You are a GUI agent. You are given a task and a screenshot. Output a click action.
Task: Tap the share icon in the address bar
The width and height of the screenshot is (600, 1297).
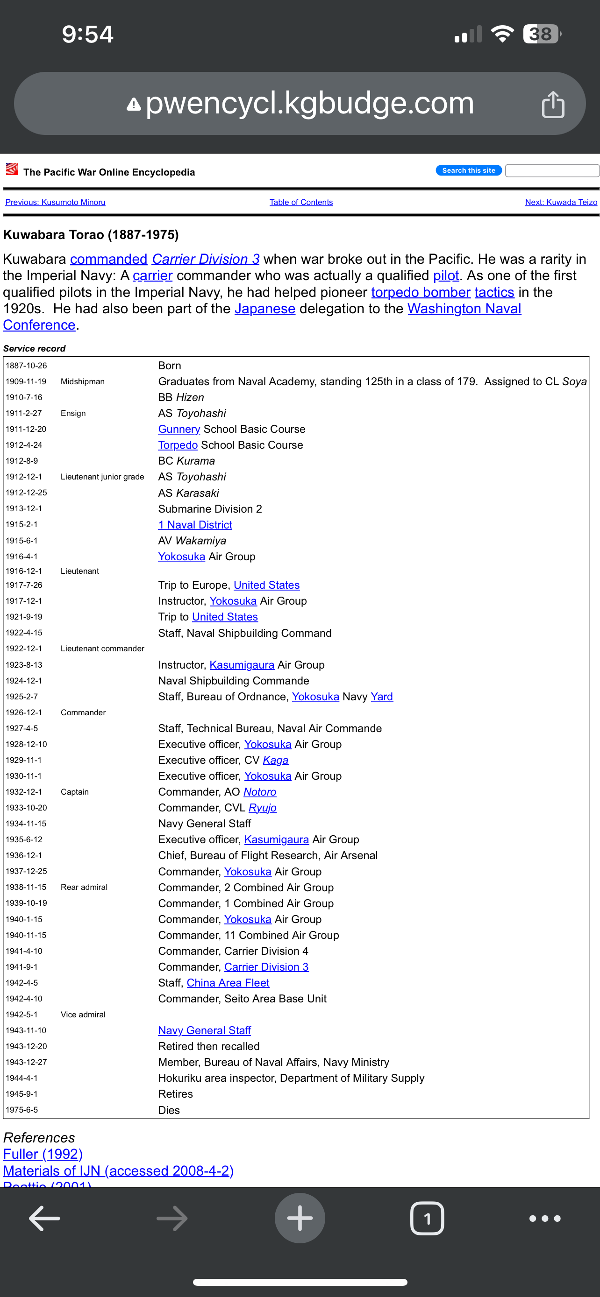coord(553,104)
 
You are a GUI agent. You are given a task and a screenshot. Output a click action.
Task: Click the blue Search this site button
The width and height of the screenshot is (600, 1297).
coord(468,171)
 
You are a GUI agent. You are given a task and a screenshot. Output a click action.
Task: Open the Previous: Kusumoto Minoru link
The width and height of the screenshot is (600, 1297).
coord(56,203)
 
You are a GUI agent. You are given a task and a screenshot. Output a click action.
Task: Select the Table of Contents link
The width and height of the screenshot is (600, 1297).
coord(301,203)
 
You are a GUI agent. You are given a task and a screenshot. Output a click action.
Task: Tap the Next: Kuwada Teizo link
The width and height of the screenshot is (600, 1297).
coord(561,203)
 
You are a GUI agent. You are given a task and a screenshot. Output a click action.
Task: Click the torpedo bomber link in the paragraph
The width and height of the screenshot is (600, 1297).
coord(420,293)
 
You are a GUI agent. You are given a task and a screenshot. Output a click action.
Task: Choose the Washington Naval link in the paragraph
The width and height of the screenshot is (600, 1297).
coord(464,309)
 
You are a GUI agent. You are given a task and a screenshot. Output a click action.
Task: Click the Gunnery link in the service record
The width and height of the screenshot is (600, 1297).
coord(179,430)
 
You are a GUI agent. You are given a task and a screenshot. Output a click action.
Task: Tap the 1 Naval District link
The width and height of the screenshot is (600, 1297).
coord(195,525)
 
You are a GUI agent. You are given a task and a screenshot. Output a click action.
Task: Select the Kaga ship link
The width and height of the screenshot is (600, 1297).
coord(276,760)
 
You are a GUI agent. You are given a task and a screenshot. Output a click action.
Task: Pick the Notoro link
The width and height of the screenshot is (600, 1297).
coord(259,792)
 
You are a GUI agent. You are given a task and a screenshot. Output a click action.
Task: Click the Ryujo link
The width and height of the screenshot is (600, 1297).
coord(262,808)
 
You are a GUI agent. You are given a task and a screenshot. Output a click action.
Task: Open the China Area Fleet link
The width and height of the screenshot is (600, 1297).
coord(228,983)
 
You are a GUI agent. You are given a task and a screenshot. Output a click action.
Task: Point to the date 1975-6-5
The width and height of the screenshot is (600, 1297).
coord(22,1110)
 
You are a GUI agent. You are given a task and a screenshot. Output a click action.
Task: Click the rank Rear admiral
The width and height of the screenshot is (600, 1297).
coord(84,887)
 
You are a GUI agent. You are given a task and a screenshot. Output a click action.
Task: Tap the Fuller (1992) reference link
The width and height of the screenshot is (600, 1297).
coord(43,1154)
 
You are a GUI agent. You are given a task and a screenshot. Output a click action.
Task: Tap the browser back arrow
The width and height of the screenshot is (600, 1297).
coord(44,1219)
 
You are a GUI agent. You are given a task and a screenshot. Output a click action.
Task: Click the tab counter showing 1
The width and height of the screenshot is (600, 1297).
coord(427,1219)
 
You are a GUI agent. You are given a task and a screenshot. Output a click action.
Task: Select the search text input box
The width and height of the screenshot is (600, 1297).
coord(552,171)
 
